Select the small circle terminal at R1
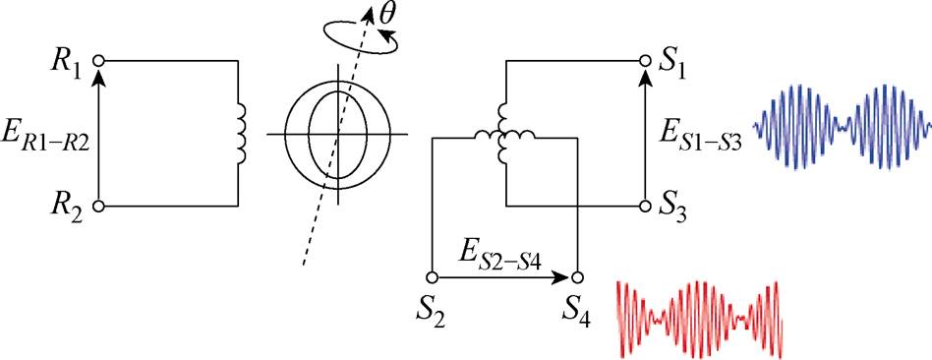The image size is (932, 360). (x=97, y=60)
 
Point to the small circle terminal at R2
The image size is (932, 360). (x=97, y=207)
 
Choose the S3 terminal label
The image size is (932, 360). (x=674, y=208)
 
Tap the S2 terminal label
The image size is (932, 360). (x=430, y=317)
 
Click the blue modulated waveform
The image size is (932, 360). (x=841, y=125)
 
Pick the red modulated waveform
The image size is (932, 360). (x=699, y=316)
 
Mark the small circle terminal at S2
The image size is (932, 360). (x=430, y=276)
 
